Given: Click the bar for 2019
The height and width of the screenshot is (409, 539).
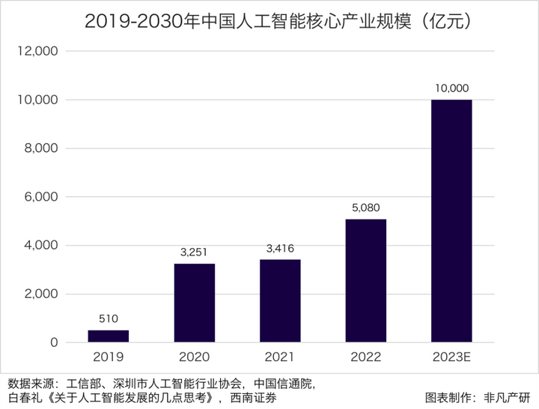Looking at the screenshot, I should (x=109, y=336).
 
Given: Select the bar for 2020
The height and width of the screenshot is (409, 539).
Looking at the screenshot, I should (x=195, y=303).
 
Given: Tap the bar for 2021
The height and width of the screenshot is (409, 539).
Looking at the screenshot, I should (x=280, y=300).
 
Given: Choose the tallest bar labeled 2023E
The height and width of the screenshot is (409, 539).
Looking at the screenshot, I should (x=451, y=221).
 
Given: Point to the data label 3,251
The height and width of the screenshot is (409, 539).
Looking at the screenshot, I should (x=195, y=252).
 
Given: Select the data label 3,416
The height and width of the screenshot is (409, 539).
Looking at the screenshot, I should (x=280, y=248).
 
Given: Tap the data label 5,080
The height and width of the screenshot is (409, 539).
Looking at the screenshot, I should (x=366, y=207).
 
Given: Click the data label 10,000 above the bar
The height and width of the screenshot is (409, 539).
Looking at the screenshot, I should (x=451, y=88).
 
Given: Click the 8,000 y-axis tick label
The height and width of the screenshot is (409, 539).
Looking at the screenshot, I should (x=40, y=148).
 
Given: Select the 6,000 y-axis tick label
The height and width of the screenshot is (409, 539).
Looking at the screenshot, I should (x=40, y=197).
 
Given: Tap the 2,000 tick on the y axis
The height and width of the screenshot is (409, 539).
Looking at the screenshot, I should (x=40, y=294).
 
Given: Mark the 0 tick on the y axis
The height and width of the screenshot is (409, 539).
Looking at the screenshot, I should (x=54, y=343).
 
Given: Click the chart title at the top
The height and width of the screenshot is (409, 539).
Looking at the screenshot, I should (x=269, y=22).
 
